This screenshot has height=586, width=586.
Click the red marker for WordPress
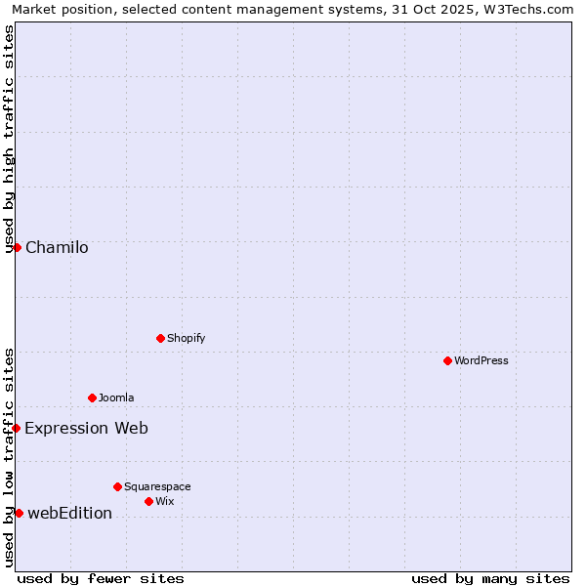[447, 360]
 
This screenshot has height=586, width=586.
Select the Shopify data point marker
[160, 338]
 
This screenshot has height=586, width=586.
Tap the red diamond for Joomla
[92, 398]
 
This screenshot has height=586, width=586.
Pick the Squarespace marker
[117, 486]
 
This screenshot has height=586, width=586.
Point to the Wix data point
[148, 501]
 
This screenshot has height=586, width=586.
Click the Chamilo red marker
[17, 247]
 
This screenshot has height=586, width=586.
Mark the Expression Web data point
[16, 428]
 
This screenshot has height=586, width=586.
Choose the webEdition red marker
[19, 513]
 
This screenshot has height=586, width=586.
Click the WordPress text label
[481, 360]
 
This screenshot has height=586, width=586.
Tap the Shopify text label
[186, 338]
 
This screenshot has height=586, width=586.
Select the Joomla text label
[116, 398]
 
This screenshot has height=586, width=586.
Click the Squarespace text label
[157, 486]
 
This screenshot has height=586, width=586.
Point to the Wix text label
[164, 501]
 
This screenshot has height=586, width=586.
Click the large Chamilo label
[57, 247]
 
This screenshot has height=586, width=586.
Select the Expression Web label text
[86, 428]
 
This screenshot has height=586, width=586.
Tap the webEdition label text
[69, 513]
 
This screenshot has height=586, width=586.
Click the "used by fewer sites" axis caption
[101, 578]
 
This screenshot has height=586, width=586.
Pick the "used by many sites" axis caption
[490, 578]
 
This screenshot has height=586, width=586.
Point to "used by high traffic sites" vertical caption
[9, 139]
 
